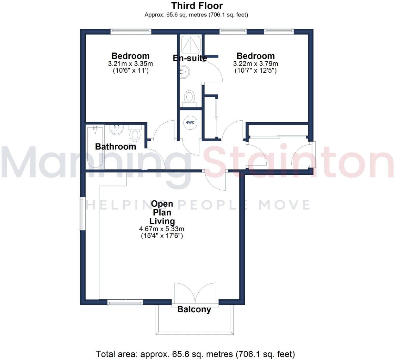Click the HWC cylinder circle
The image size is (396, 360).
click(190, 123)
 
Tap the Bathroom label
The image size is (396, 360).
click(115, 147)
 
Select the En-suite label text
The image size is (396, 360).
click(190, 58)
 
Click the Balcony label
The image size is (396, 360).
click(194, 309)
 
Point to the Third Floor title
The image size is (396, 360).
click(197, 6)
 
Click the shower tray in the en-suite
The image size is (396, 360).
click(191, 44)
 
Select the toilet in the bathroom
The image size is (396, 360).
click(135, 133)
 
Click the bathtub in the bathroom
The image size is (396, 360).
click(95, 147)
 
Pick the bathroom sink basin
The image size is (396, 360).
click(116, 130)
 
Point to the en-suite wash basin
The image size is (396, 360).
click(185, 72)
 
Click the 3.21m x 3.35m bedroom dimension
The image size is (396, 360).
click(130, 64)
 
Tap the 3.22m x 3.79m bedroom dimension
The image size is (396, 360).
click(256, 64)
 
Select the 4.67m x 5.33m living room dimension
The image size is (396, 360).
click(162, 229)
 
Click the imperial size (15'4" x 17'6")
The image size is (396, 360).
click(162, 236)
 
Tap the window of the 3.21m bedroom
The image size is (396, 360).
click(131, 31)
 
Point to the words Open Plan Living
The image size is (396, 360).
click(162, 212)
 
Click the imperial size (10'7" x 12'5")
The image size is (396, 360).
click(256, 70)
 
